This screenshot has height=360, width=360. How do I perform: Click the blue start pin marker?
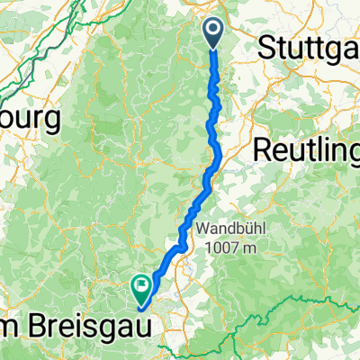point(214,33)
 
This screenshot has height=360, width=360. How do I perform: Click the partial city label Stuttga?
point(308,50)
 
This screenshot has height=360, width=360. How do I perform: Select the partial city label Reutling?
point(306,149)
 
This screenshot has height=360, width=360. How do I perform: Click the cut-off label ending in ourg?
point(30,118)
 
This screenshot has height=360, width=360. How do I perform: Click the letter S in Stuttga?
point(265,50)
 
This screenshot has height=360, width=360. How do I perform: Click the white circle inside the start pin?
point(214,30)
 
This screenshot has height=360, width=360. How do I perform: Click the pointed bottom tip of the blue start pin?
point(214,48)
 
